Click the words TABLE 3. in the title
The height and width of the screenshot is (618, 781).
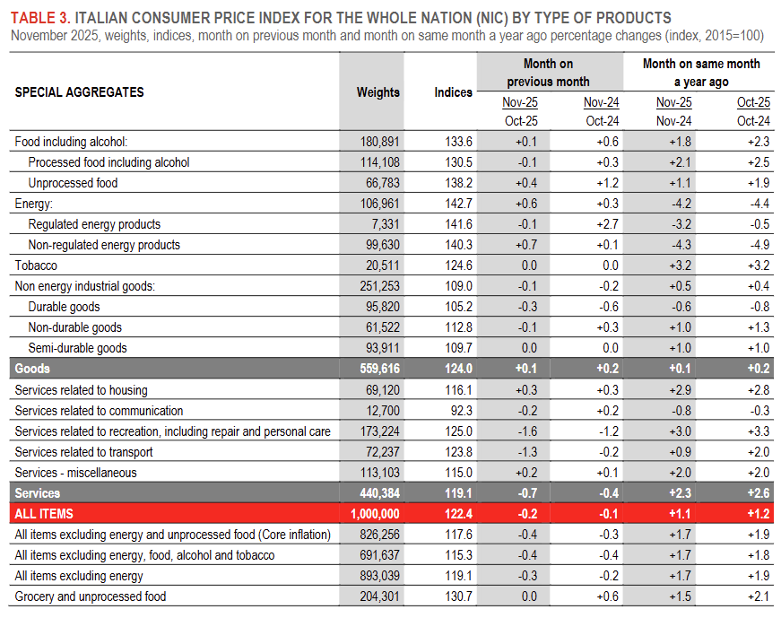39,18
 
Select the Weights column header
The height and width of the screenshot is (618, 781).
377,92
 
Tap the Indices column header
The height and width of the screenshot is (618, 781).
453,92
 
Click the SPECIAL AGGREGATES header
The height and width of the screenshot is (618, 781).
80,92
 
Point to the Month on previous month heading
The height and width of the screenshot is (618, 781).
548,73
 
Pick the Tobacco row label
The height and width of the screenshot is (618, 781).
37,265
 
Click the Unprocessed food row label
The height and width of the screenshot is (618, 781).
73,183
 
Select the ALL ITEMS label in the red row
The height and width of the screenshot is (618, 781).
44,514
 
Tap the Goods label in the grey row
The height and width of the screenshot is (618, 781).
32,369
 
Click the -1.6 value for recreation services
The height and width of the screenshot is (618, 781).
525,431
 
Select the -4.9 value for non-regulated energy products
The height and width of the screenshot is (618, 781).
758,245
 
